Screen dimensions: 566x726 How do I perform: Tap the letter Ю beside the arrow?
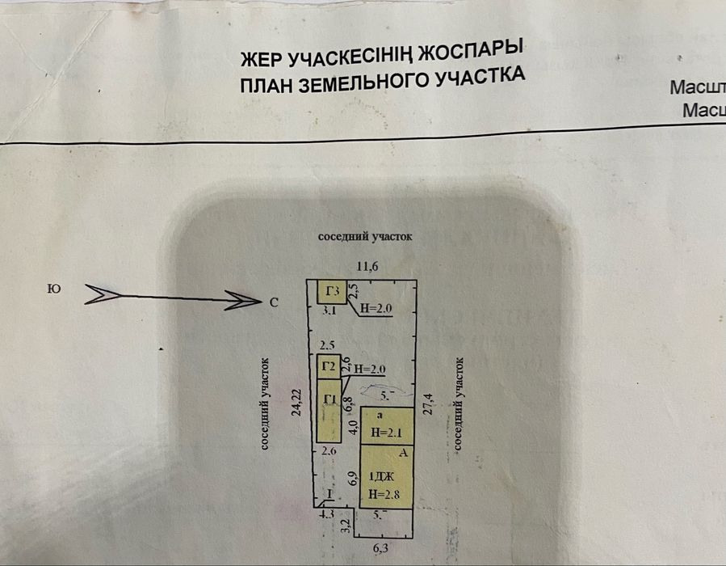[53, 289]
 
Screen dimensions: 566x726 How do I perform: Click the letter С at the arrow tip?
[274, 303]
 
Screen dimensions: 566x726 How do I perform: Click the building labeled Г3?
[331, 291]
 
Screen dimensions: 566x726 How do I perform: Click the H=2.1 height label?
[387, 433]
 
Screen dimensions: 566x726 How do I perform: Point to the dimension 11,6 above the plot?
[368, 266]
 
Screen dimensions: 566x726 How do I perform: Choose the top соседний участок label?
[365, 237]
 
